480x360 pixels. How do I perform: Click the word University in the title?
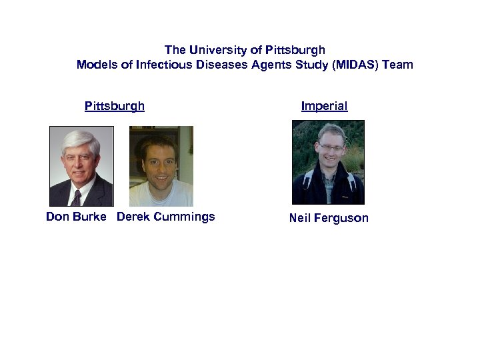pos(217,50)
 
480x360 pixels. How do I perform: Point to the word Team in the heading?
pos(399,65)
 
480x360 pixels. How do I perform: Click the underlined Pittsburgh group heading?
pos(115,106)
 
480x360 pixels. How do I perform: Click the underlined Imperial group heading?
pos(324,106)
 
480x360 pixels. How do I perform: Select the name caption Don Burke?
pos(76,217)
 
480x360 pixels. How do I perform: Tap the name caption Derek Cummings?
pos(166,217)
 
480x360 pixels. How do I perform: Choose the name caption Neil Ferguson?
pos(329,218)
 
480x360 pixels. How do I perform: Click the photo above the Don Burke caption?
pos(81,166)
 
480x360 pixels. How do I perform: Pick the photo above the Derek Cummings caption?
pos(161,166)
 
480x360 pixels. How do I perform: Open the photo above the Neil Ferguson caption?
pos(329,162)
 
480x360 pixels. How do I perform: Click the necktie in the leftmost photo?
pos(76,197)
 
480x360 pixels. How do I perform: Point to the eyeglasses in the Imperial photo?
pos(331,147)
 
